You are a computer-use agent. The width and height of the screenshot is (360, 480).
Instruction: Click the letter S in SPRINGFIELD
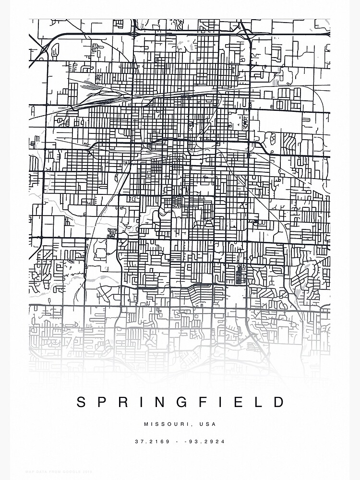pos(82,402)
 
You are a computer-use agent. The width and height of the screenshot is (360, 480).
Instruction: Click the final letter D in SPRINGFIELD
pos(280,402)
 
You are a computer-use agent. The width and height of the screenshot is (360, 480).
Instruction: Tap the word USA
pos(209,424)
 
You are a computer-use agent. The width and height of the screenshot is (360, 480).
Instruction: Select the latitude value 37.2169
pos(152,442)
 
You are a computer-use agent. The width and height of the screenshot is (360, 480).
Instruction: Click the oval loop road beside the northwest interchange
pos(55,49)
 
